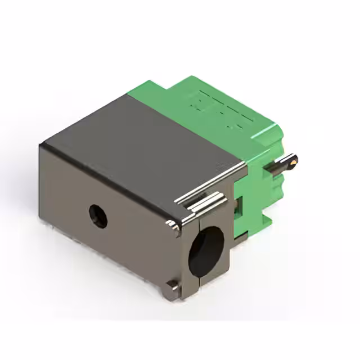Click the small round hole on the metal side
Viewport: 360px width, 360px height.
pos(98,216)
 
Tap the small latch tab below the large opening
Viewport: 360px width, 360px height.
pos(171,289)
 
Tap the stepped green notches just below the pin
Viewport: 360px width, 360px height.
pos(276,186)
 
